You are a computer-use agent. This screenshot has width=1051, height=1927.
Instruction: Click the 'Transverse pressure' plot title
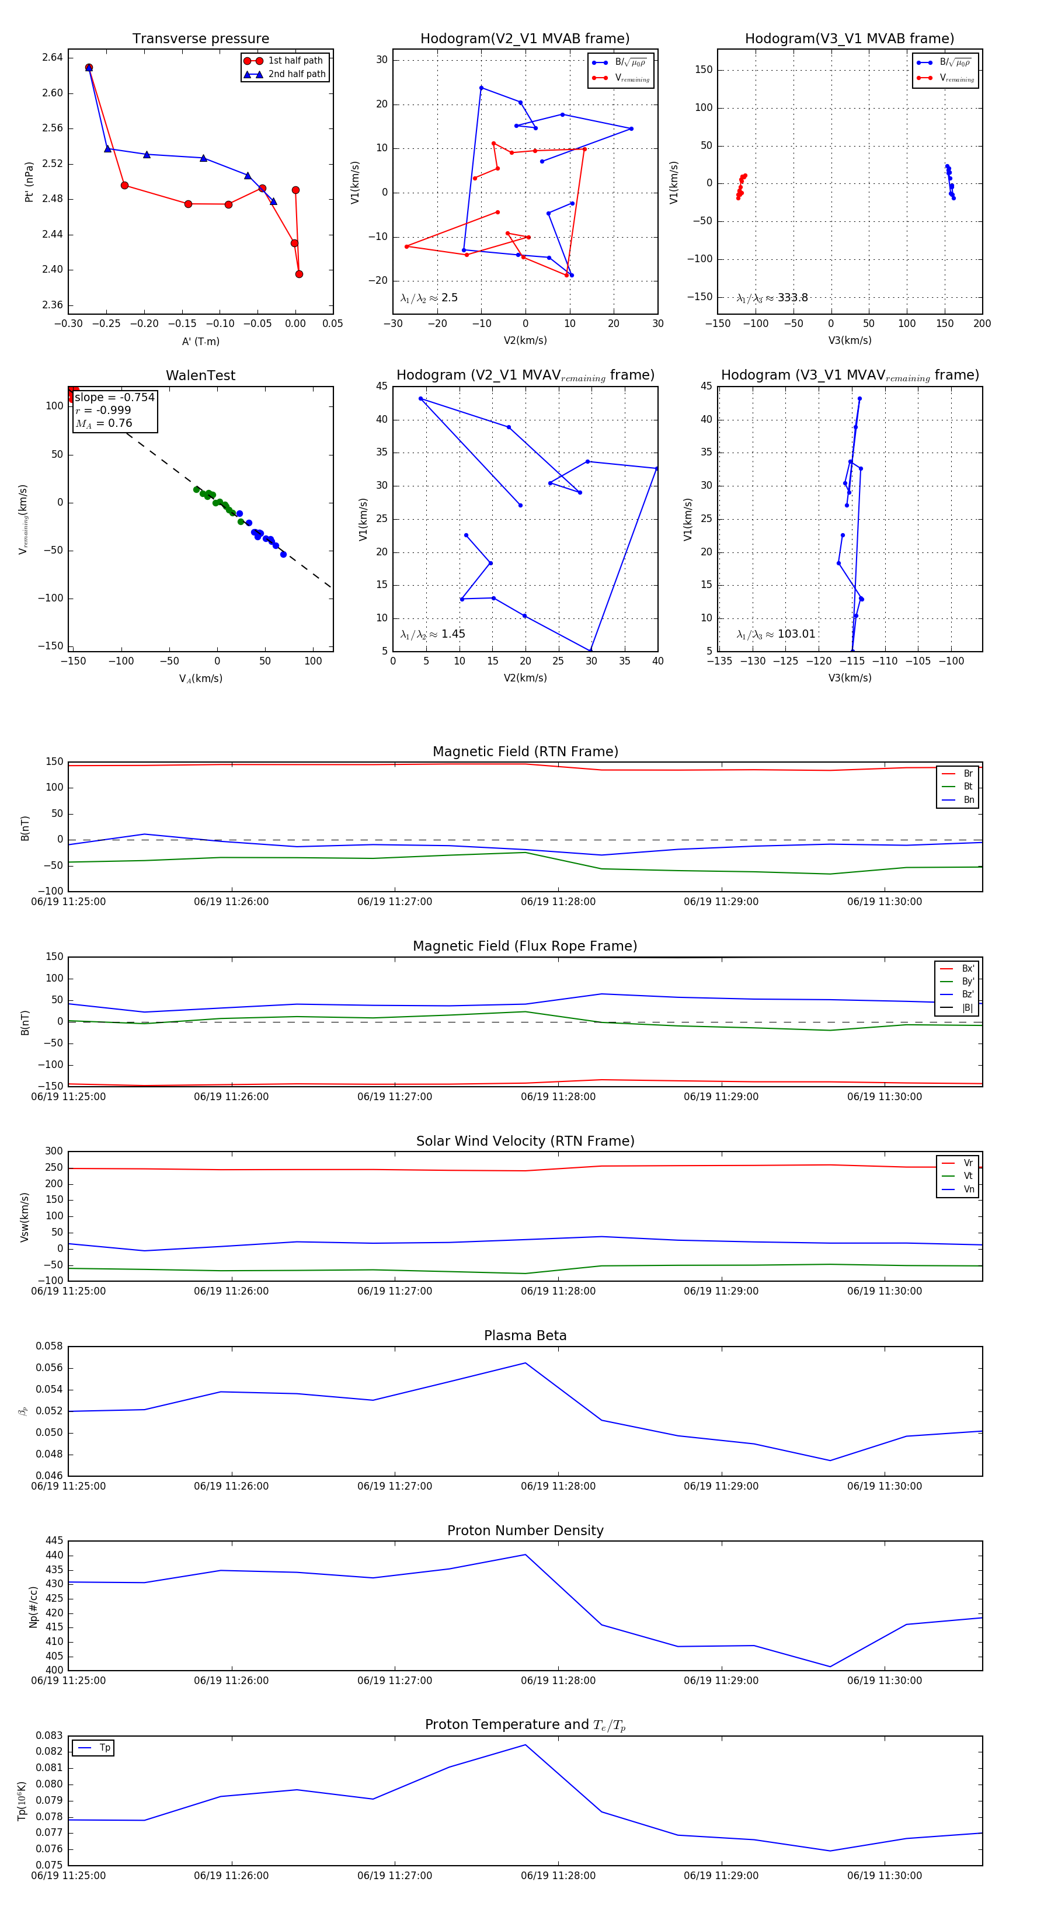(x=200, y=39)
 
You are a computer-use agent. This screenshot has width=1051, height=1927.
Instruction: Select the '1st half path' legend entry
(x=295, y=61)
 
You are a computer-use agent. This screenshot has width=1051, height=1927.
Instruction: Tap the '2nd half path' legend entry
(x=297, y=74)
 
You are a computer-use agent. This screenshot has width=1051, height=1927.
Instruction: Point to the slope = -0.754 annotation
(x=114, y=397)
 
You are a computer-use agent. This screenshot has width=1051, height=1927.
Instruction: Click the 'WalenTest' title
(x=200, y=375)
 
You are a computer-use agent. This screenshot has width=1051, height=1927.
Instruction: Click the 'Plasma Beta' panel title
(x=525, y=1335)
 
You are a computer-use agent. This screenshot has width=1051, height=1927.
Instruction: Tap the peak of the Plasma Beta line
(x=525, y=1363)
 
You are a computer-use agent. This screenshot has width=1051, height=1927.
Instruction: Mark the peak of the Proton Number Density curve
(x=525, y=1554)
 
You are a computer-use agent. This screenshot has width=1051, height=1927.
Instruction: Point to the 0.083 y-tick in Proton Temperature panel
(x=50, y=1735)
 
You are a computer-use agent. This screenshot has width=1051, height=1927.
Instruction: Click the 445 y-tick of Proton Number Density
(x=54, y=1540)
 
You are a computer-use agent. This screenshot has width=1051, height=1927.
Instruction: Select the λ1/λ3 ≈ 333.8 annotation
(x=772, y=298)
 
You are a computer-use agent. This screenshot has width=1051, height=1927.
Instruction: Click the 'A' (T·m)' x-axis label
(x=200, y=341)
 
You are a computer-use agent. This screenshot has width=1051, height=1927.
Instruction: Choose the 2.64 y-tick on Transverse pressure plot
(x=53, y=58)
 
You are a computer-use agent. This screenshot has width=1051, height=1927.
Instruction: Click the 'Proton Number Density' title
(x=525, y=1531)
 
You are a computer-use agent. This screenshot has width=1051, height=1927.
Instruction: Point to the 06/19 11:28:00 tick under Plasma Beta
(x=558, y=1486)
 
